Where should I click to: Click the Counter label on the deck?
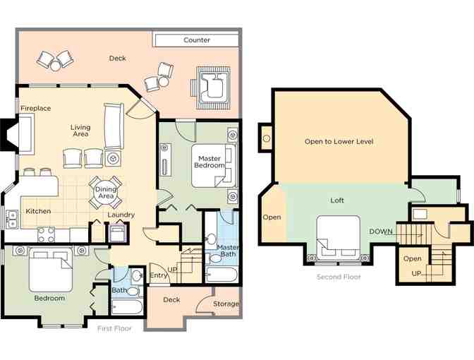pos(197,40)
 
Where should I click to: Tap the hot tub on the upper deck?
pos(213,88)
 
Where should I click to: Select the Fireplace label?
pos(36,108)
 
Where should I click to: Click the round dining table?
pos(106,193)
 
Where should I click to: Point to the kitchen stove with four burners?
pos(47,235)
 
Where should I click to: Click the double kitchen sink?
pos(13,219)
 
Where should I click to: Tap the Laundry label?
pos(121,215)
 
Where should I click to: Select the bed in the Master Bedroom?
pos(214,166)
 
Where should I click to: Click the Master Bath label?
pos(227,251)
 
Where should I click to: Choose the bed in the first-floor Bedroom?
pos(51,270)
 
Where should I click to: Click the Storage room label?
pos(226,304)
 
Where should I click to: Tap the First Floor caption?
pos(114,328)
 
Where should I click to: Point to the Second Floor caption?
pos(339,277)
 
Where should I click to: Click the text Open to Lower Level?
pos(339,141)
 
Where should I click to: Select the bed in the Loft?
pos(339,237)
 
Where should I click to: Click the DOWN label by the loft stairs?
pos(381,232)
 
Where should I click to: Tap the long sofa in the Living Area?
pos(114,126)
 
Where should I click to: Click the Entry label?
pos(158,275)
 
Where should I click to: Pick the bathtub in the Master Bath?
pos(222,275)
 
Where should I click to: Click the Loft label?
pos(337,200)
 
